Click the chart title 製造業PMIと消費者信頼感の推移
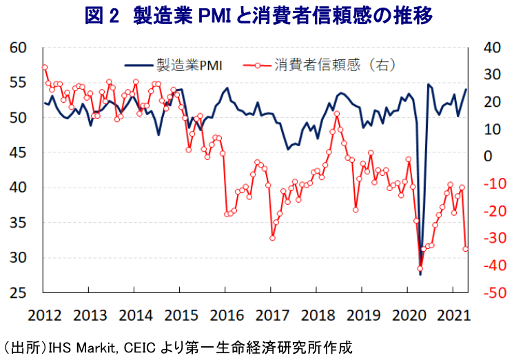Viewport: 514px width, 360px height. click(x=287, y=16)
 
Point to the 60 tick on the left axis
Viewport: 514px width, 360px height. click(x=19, y=48)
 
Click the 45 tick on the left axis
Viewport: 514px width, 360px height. click(x=19, y=152)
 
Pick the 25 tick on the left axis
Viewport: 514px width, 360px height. click(x=19, y=293)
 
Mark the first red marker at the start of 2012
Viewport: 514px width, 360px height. click(x=44, y=67)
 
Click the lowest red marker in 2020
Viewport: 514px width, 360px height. click(x=420, y=269)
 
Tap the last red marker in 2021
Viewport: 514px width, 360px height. click(x=466, y=249)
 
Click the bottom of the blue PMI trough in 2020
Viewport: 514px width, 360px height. click(x=420, y=274)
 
